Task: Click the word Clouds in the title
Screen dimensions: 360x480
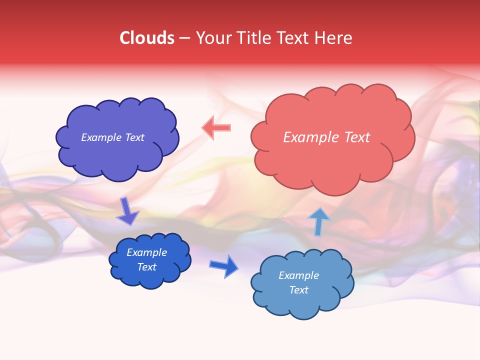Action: [147, 38]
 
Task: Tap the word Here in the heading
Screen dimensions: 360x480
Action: [333, 38]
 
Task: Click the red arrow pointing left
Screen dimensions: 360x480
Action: [216, 127]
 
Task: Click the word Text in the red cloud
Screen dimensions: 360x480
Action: [357, 137]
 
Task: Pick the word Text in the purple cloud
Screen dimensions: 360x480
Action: [134, 137]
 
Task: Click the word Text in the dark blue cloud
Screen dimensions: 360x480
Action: [147, 267]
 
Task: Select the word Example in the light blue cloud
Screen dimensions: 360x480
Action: [298, 275]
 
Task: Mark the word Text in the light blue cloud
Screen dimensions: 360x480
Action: [298, 290]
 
